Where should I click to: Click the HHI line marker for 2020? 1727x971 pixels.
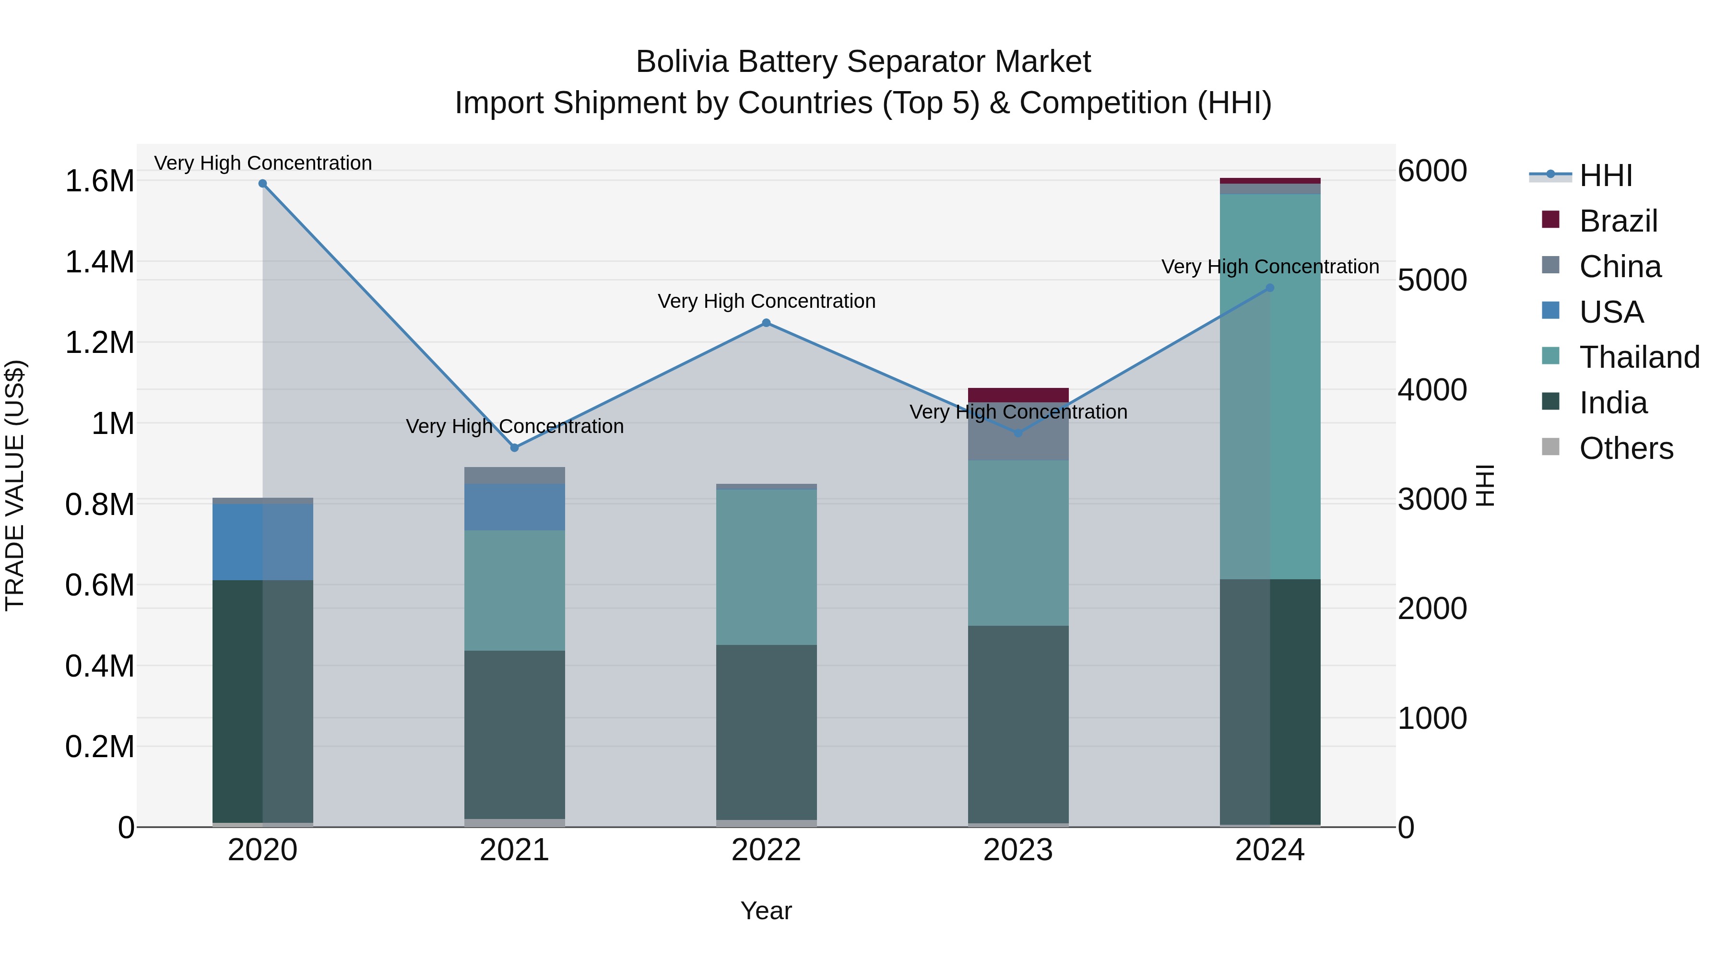[263, 184]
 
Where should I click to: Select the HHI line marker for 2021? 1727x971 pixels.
[515, 448]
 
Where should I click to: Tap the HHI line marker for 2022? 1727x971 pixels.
[766, 323]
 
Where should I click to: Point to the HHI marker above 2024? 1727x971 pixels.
[1270, 288]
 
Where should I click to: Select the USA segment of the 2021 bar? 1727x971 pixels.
[515, 507]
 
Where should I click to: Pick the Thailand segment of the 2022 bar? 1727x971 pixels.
[766, 567]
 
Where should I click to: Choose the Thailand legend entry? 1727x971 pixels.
[1639, 357]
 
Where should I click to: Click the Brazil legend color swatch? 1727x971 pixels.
[1550, 220]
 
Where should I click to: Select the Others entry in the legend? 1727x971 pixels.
[1626, 448]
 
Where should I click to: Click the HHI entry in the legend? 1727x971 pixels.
[1606, 175]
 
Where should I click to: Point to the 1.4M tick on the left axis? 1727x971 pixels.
[99, 262]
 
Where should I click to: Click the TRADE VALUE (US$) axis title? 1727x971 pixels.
[15, 485]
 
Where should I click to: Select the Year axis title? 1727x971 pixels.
[766, 911]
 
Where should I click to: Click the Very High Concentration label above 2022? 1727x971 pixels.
[766, 302]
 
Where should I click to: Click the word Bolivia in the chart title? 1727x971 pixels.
[681, 62]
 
